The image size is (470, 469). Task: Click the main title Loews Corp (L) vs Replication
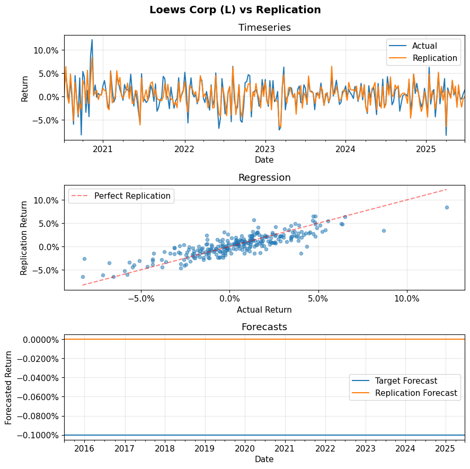click(x=235, y=10)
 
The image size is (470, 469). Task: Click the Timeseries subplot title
click(x=264, y=28)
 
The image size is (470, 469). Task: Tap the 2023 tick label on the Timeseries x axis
click(x=264, y=149)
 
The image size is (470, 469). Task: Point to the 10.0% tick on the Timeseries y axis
click(x=47, y=50)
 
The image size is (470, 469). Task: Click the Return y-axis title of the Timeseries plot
click(x=25, y=88)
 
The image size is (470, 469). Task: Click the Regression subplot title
click(x=264, y=178)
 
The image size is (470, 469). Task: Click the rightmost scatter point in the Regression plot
click(x=447, y=207)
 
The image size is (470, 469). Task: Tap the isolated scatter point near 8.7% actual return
click(x=384, y=231)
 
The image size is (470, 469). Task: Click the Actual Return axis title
click(x=264, y=309)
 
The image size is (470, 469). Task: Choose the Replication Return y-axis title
click(x=24, y=237)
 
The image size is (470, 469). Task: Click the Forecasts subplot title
click(x=264, y=327)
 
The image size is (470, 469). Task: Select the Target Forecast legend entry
click(x=406, y=380)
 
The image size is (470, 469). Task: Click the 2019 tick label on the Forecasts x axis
click(x=205, y=449)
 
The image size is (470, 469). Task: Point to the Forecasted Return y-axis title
click(x=9, y=387)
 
